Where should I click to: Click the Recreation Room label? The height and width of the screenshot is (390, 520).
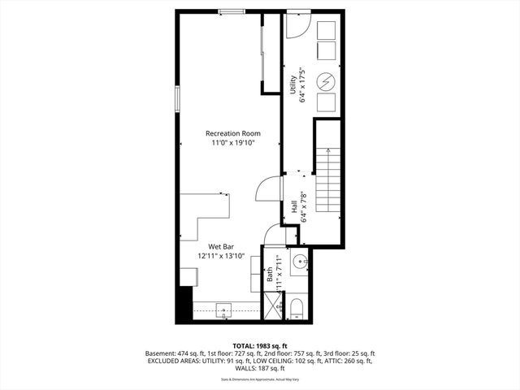pos(232,133)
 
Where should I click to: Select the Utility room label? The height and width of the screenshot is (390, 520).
pos(292,84)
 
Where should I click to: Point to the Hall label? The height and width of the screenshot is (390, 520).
pos(293,209)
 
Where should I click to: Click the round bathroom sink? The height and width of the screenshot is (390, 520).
pos(297,262)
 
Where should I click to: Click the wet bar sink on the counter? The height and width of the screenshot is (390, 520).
pos(225,310)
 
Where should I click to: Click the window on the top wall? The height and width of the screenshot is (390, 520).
pos(232,11)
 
